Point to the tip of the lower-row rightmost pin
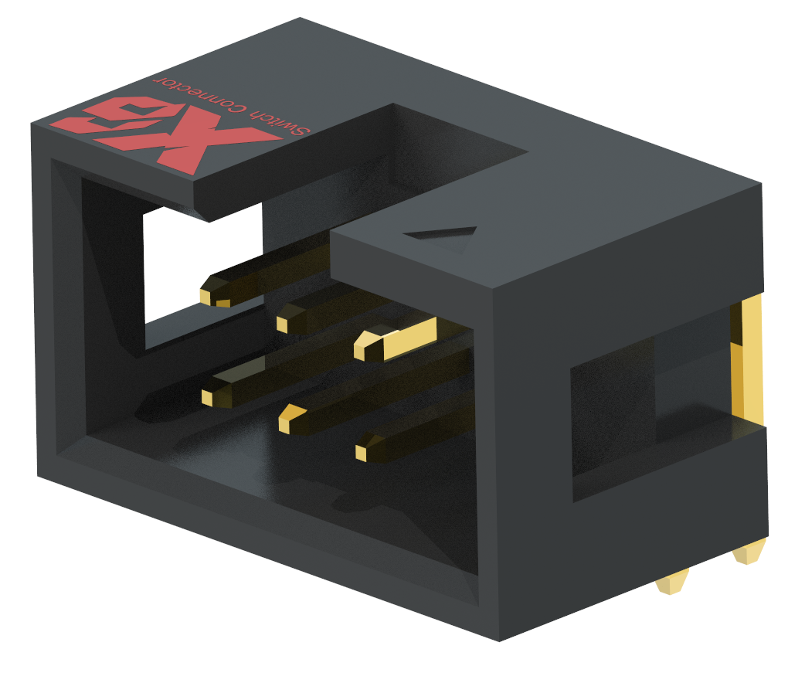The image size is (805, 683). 364,451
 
